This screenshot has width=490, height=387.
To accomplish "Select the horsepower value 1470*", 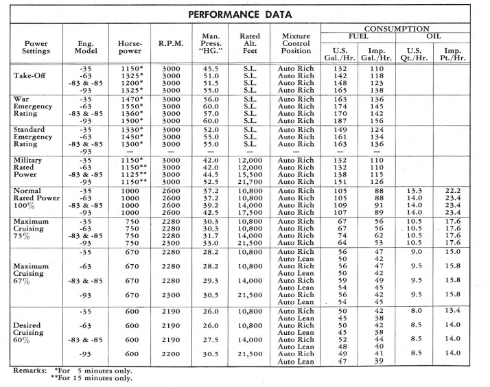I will [x=129, y=99].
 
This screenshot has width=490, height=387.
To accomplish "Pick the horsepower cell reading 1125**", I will [x=130, y=174].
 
